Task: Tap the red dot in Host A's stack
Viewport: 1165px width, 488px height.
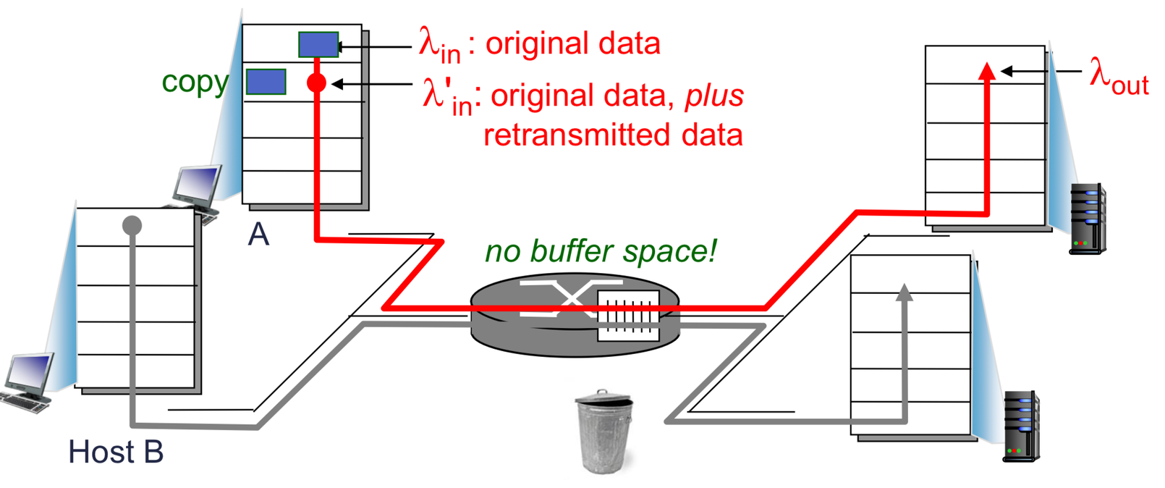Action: (316, 83)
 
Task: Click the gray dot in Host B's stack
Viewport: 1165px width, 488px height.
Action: (132, 226)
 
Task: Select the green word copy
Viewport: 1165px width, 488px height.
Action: (195, 82)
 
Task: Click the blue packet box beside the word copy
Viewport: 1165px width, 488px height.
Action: (266, 82)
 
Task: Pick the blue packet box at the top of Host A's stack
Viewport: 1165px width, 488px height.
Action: (318, 45)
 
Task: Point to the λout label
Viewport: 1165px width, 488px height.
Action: (1119, 75)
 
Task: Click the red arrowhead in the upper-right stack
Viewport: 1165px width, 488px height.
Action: (986, 71)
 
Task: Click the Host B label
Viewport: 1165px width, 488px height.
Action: (116, 452)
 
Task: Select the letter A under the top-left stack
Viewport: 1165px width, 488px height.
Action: (258, 234)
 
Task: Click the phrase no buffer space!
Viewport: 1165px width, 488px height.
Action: (601, 251)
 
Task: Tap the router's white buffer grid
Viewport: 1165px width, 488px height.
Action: (628, 315)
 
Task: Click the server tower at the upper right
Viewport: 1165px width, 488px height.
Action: (1088, 218)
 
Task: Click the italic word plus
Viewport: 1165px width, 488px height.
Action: (714, 96)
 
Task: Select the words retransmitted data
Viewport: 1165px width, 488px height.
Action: (613, 135)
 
